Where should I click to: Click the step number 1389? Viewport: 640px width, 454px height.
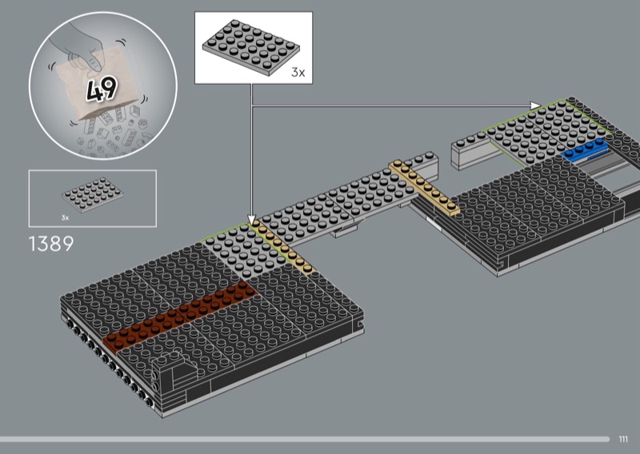[51, 244]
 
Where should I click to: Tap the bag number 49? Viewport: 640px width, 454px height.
[102, 90]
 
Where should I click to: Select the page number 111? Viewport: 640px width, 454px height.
[623, 439]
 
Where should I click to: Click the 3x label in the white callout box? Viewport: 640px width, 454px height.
[298, 73]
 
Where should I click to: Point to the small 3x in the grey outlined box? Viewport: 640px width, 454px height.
[66, 218]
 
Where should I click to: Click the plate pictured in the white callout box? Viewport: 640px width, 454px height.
[251, 47]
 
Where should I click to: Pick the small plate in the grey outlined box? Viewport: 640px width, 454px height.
[93, 195]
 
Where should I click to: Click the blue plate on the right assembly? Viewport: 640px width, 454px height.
[585, 150]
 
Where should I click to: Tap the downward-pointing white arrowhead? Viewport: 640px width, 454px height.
[251, 221]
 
